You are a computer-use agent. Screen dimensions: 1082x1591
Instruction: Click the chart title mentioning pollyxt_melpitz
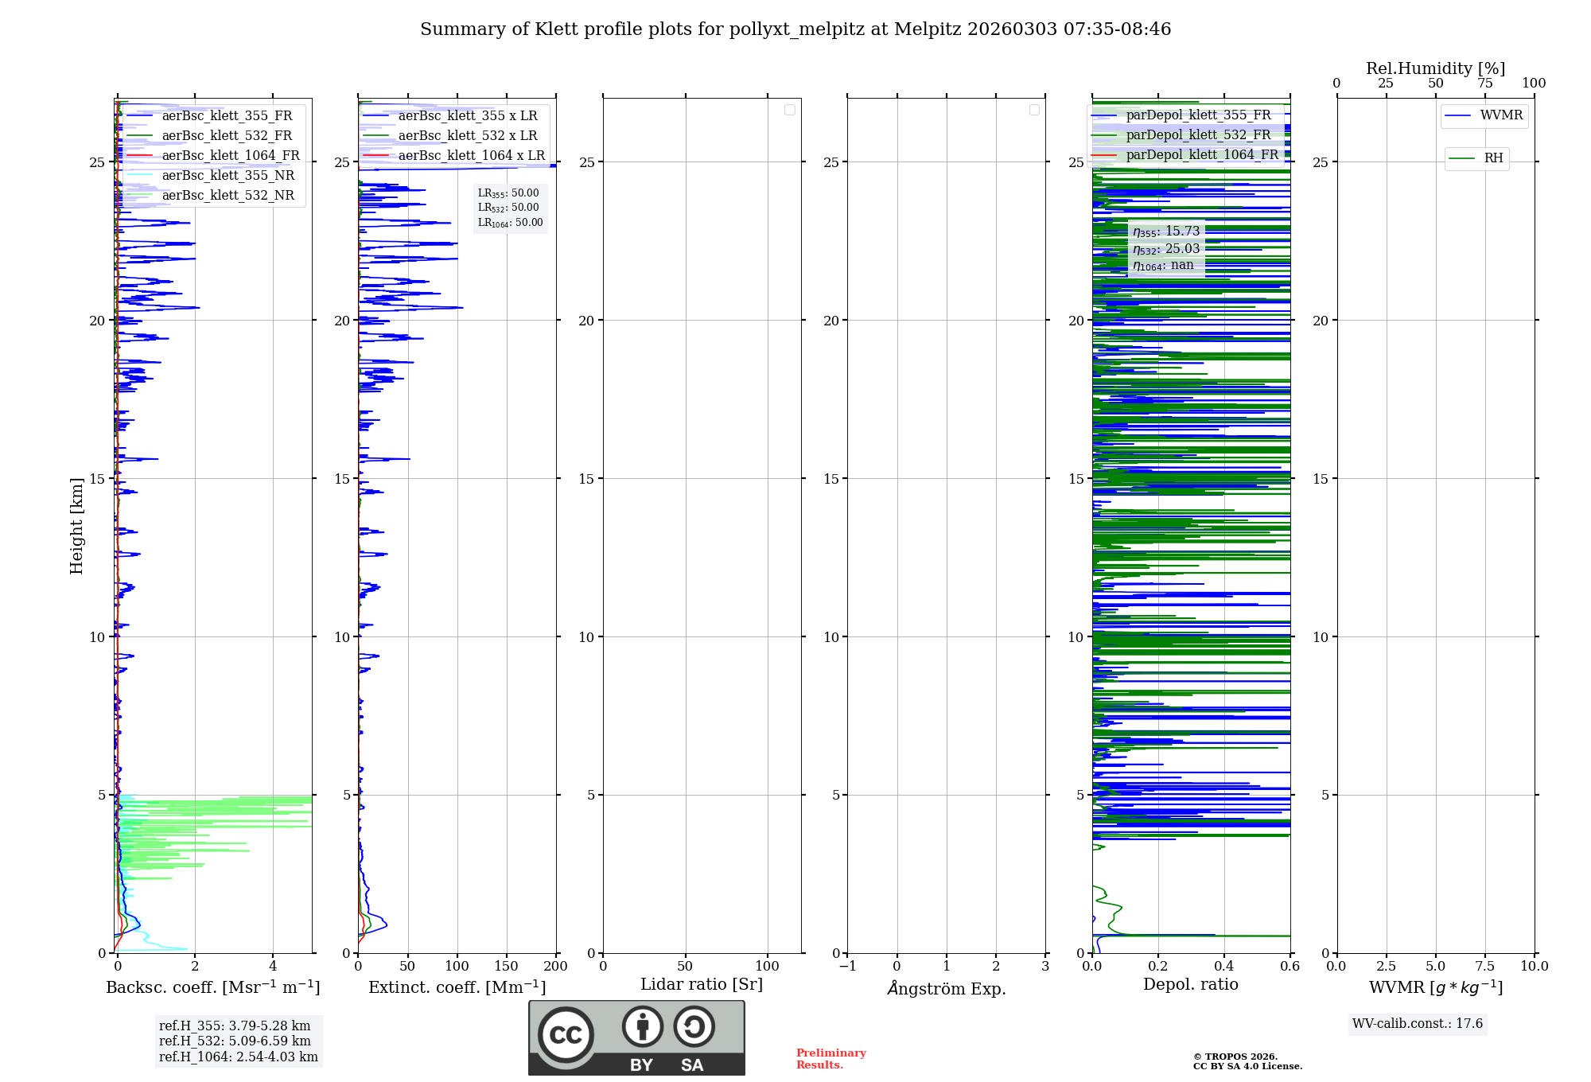point(795,29)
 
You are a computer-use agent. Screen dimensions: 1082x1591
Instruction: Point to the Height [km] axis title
point(76,526)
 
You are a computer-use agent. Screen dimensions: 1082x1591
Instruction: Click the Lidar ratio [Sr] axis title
point(702,985)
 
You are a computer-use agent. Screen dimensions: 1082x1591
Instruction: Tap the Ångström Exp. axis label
point(947,989)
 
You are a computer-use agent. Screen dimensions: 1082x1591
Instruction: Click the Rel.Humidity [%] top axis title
point(1435,68)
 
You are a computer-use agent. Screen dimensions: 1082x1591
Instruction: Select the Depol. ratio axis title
point(1191,985)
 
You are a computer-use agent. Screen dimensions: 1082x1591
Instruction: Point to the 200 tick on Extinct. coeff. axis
point(556,967)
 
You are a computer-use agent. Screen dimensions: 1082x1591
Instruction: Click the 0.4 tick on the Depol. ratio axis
point(1224,967)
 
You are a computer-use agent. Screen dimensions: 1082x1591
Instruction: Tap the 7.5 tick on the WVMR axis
point(1485,967)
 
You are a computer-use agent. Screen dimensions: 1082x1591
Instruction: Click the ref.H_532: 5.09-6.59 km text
point(235,1041)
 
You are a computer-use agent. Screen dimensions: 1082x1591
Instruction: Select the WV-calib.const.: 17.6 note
point(1418,1024)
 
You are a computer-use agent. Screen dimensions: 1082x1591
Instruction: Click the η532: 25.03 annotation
point(1166,249)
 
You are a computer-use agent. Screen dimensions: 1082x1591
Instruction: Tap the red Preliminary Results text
point(831,1059)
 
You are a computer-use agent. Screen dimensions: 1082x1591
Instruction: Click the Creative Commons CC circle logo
point(566,1035)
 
